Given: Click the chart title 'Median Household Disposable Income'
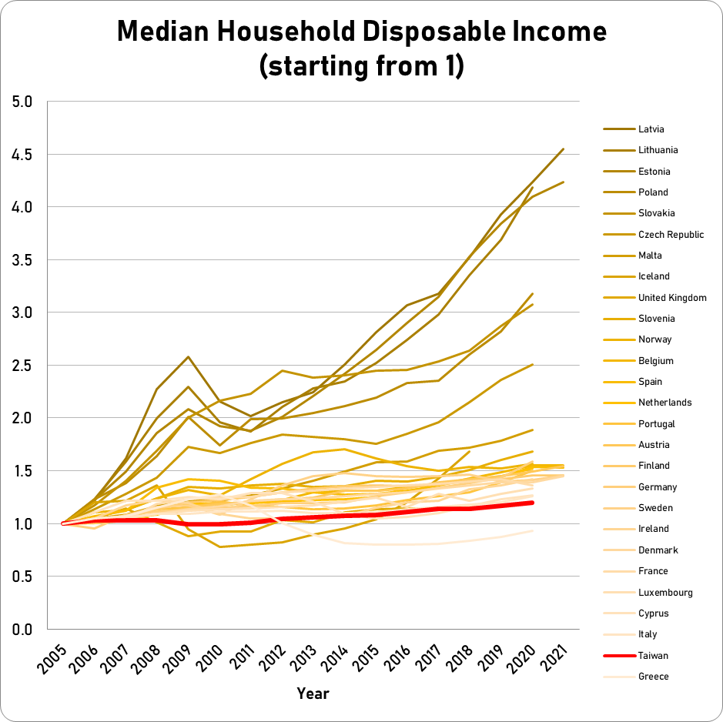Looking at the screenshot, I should point(362,32).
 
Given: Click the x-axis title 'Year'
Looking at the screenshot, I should point(313,694).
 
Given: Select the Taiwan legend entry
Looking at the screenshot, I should point(653,656).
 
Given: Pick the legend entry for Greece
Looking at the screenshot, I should point(653,677).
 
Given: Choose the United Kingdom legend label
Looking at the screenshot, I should point(672,298).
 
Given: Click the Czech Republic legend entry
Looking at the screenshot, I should point(671,235).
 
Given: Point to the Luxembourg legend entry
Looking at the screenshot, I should point(665,593).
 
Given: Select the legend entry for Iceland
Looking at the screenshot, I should point(654,276).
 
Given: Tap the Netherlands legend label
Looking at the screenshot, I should point(664,403).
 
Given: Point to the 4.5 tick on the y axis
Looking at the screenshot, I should point(23,155).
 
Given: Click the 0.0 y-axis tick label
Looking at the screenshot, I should point(23,630).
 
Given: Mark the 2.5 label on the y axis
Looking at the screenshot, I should point(23,366).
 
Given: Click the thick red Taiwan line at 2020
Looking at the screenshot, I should point(532,503).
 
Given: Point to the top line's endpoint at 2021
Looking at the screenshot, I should point(563,149).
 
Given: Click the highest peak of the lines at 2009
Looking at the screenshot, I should point(188,357).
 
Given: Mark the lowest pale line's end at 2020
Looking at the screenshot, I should point(532,530).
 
